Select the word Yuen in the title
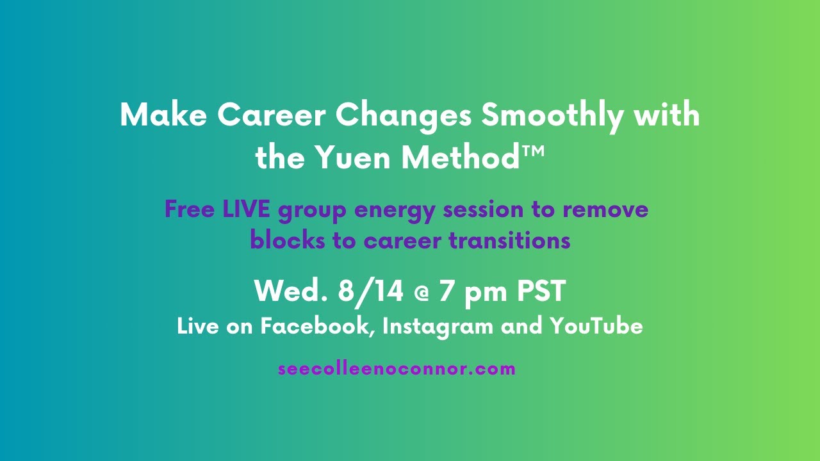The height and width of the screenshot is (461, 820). coord(354,158)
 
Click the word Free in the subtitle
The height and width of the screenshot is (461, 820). coord(189,209)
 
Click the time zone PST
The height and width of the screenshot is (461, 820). coord(541,291)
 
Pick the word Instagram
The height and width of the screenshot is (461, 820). coord(438,327)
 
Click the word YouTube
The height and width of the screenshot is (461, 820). coord(596,327)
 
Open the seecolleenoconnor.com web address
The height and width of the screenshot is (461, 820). coord(397,369)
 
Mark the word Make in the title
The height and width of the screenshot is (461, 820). coord(162,116)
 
